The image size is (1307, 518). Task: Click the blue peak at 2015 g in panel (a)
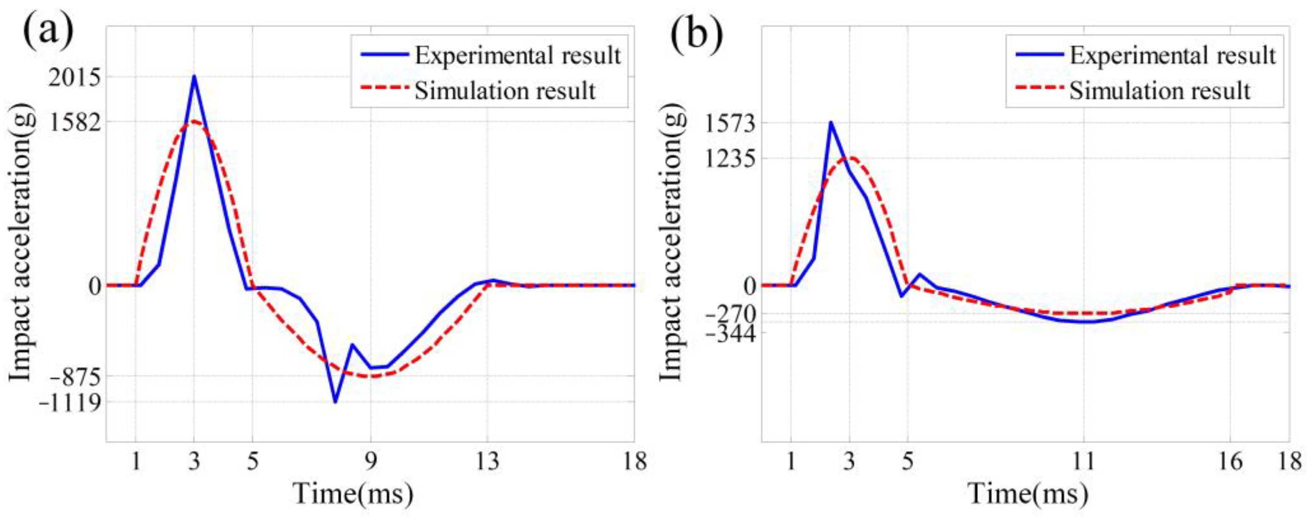194,77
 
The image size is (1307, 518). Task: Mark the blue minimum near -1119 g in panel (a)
335,402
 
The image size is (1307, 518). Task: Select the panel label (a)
47,31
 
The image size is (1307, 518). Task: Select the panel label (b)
696,31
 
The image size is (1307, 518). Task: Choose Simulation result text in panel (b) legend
1160,91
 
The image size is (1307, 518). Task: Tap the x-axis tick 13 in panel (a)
488,461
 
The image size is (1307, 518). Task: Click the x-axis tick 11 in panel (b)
1083,461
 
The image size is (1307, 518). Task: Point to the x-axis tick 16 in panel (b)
1230,461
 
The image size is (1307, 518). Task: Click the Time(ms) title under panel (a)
354,493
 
